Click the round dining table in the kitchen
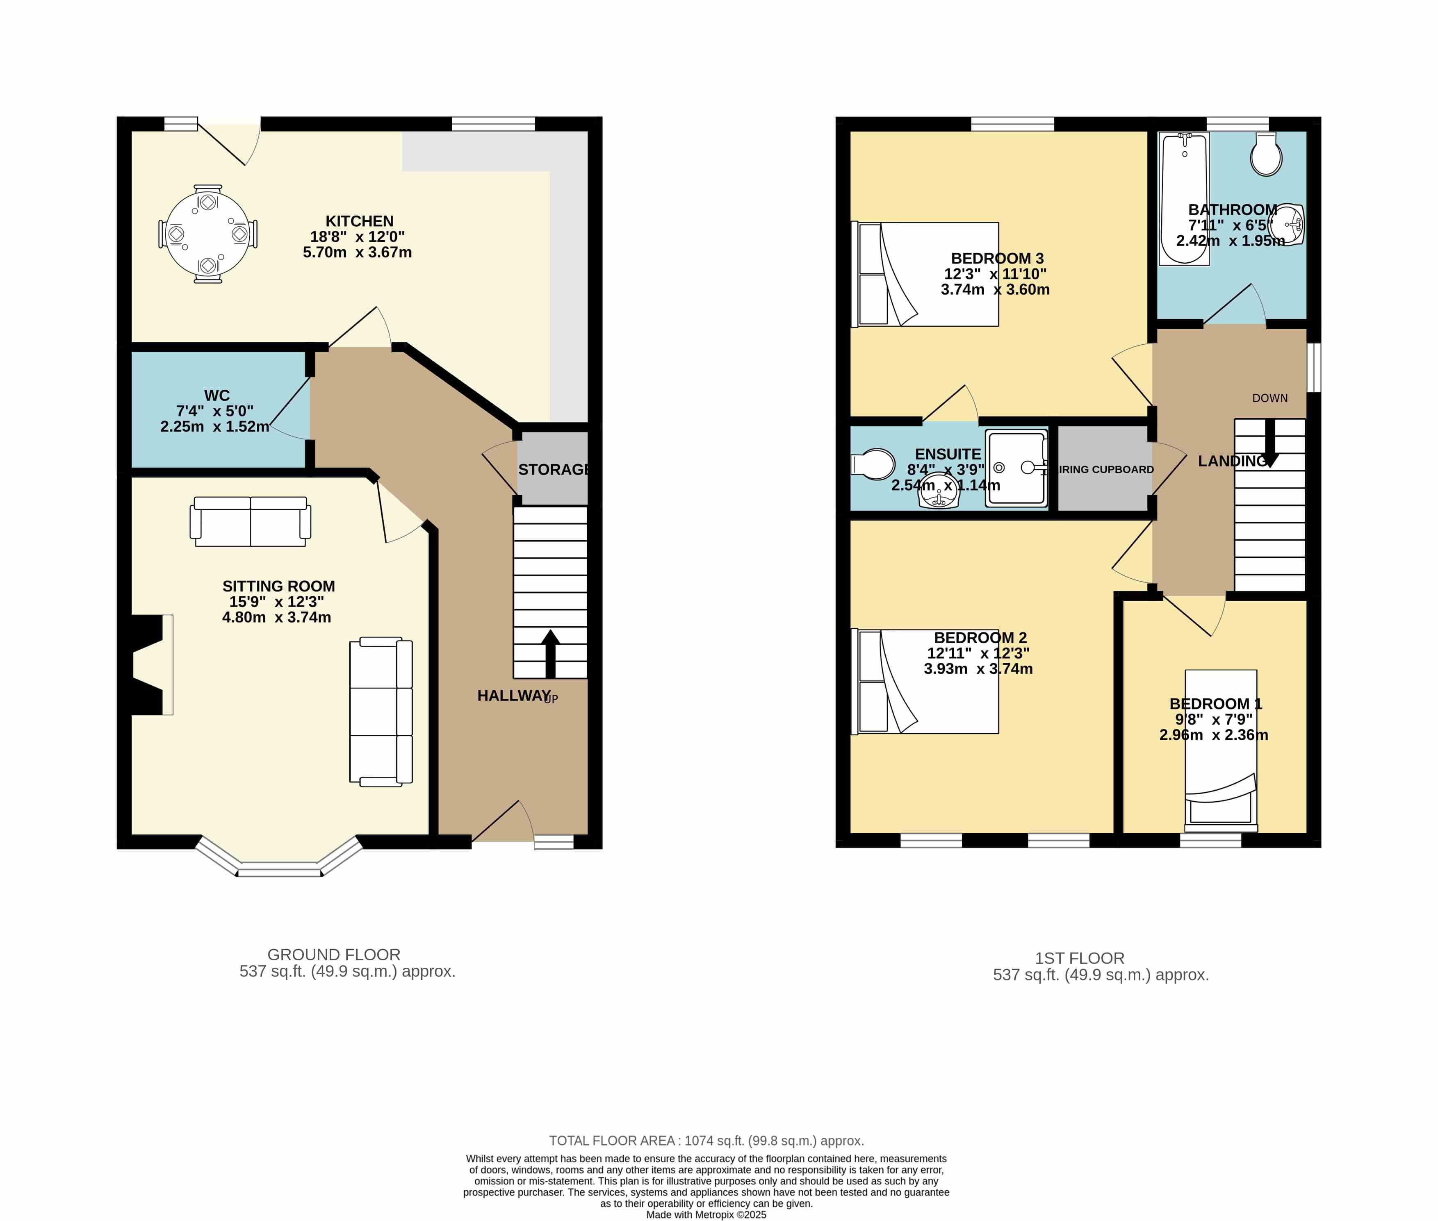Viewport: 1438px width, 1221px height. pyautogui.click(x=208, y=234)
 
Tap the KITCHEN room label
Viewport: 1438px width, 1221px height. pyautogui.click(x=359, y=221)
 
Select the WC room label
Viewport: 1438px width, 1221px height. pyautogui.click(x=216, y=396)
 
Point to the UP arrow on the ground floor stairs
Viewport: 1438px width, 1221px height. pyautogui.click(x=550, y=653)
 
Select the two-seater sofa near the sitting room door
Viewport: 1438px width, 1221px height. pyautogui.click(x=251, y=521)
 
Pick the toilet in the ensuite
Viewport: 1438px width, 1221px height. pyautogui.click(x=873, y=464)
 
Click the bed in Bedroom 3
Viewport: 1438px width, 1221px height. pyautogui.click(x=924, y=274)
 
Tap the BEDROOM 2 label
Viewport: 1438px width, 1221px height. pyautogui.click(x=980, y=637)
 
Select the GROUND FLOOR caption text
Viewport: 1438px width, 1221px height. pyautogui.click(x=334, y=955)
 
